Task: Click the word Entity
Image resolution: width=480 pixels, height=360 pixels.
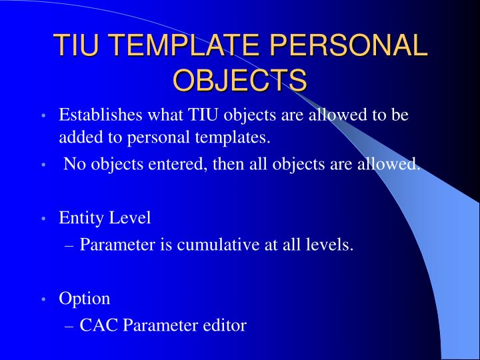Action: coord(79,218)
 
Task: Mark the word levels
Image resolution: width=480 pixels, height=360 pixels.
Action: coord(329,245)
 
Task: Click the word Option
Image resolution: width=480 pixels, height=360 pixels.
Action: coord(85,298)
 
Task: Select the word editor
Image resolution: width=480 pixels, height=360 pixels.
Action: coord(225,325)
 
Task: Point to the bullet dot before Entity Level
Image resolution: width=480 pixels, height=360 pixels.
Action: coord(43,219)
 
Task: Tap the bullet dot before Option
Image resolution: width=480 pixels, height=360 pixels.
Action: coord(43,299)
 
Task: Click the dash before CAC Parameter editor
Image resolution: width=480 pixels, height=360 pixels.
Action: coord(71,325)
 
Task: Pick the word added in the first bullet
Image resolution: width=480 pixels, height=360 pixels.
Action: coord(77,138)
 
